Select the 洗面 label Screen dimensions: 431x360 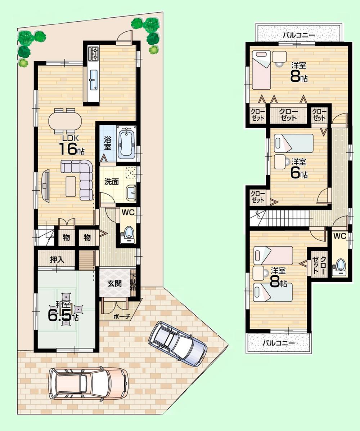pyautogui.click(x=111, y=182)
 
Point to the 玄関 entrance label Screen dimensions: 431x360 pyautogui.click(x=114, y=283)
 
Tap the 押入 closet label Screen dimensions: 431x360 pyautogui.click(x=57, y=259)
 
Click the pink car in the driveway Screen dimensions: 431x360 pyautogui.click(x=89, y=382)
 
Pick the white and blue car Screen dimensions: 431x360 pyautogui.click(x=177, y=340)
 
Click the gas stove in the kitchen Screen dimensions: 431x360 pyautogui.click(x=93, y=54)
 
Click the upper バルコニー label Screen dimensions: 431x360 pyautogui.click(x=298, y=35)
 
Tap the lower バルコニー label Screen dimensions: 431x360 pyautogui.click(x=278, y=343)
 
